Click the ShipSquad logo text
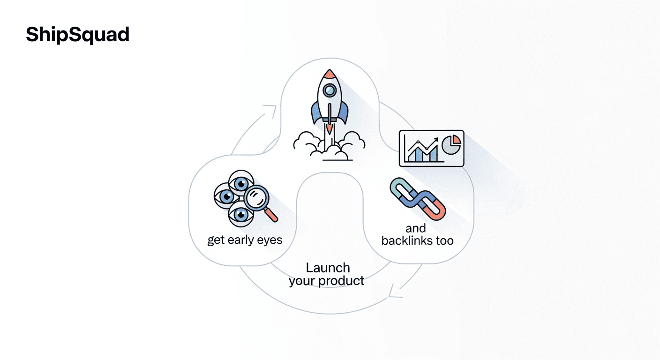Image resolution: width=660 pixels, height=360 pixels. point(77,34)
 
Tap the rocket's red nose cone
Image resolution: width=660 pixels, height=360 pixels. point(330,74)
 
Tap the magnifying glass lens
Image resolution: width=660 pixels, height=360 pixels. point(255,197)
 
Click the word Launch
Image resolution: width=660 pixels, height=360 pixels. point(328,268)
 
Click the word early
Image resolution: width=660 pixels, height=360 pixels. point(243,240)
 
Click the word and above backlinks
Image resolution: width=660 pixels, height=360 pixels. point(416,228)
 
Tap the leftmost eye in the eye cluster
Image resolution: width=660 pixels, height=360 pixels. point(225,196)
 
